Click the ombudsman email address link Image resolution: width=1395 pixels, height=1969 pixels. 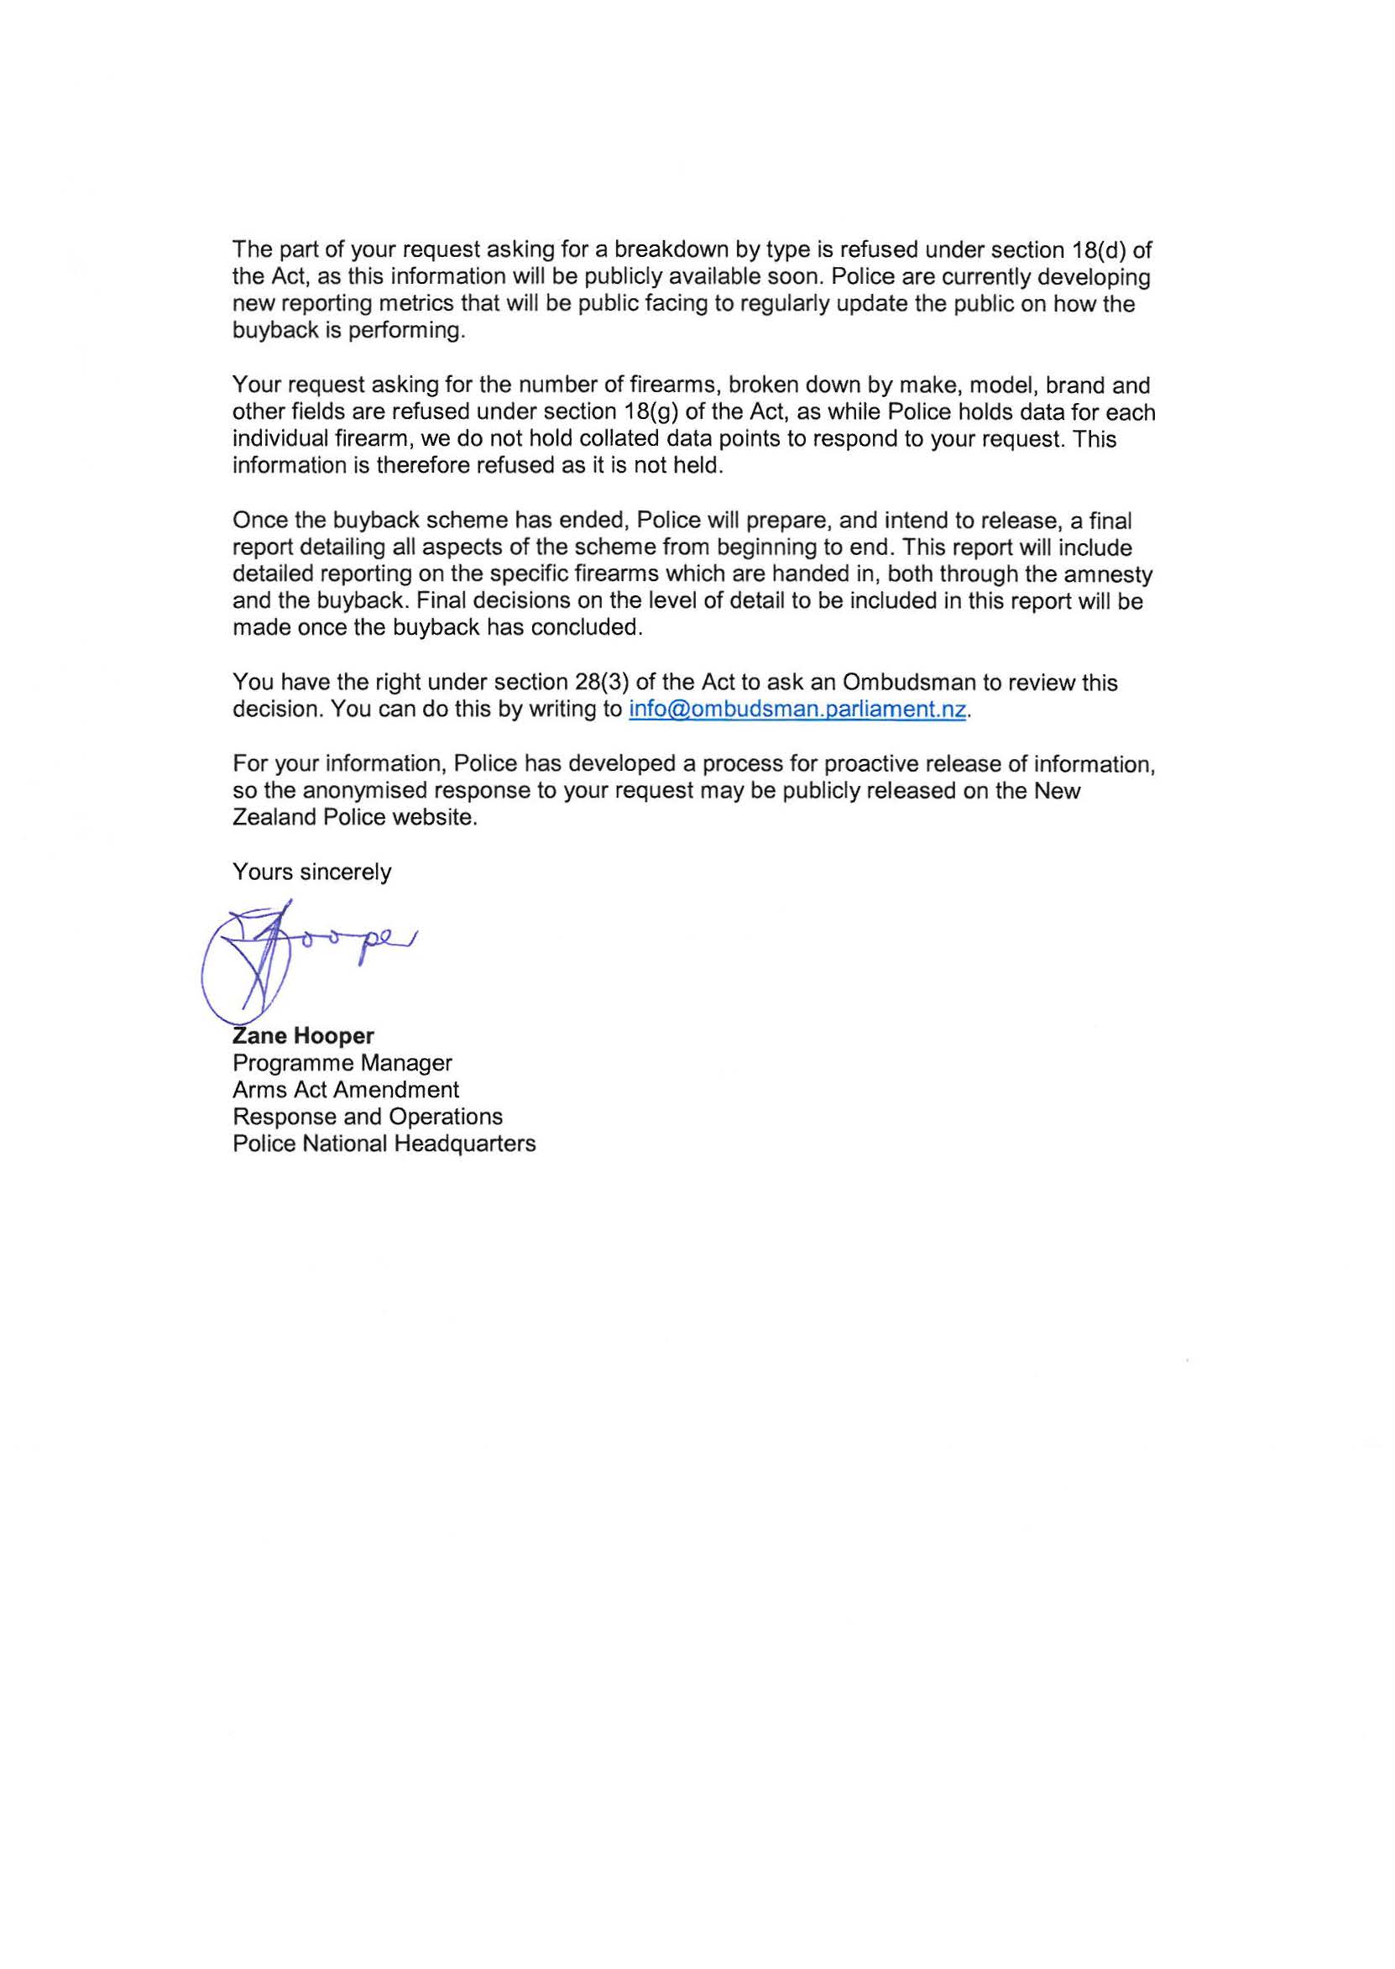pos(798,710)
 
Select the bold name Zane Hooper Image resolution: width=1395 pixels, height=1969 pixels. pos(303,1036)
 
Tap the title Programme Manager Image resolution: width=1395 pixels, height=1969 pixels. pos(342,1063)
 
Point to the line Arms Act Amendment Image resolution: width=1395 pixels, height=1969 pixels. pos(345,1089)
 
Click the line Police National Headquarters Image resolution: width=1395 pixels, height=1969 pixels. pos(384,1144)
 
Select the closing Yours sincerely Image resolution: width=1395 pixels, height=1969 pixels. pos(311,872)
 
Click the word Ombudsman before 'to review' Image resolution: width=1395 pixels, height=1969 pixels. pos(909,683)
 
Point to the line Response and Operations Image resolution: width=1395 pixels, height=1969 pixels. pos(367,1117)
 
